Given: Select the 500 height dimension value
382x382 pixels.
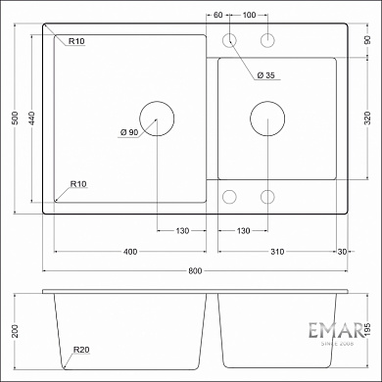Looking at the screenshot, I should (x=14, y=118).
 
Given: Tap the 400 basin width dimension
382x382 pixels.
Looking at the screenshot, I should (x=129, y=253).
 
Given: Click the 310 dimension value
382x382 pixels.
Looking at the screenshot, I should (x=277, y=253).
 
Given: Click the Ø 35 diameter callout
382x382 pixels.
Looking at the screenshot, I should (x=265, y=75).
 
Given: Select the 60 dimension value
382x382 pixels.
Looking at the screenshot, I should (x=217, y=16).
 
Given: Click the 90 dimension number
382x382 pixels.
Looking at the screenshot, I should (x=366, y=40).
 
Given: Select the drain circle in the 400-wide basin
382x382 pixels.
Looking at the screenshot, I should (x=157, y=119).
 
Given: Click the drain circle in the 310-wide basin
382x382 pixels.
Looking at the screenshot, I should (x=266, y=119).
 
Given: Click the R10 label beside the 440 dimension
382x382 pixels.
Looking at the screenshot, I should (x=78, y=40).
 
